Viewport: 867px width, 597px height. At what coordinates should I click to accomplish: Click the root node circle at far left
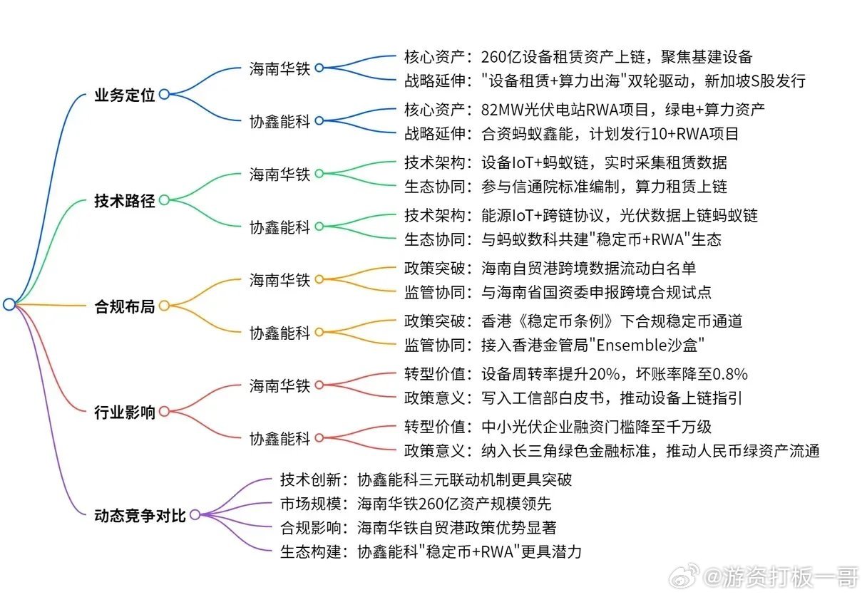pyautogui.click(x=9, y=304)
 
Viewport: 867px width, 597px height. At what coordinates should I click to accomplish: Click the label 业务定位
pyautogui.click(x=125, y=95)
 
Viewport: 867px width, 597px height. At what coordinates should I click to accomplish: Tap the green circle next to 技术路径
pyautogui.click(x=164, y=200)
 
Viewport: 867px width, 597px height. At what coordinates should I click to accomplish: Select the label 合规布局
pyautogui.click(x=125, y=306)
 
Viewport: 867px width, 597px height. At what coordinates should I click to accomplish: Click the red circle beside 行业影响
pyautogui.click(x=164, y=411)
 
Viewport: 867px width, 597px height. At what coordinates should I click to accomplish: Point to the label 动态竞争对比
pyautogui.click(x=140, y=516)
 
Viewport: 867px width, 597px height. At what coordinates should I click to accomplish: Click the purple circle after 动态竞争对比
pyautogui.click(x=195, y=514)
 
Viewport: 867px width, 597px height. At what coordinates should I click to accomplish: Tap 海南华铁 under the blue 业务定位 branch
pyautogui.click(x=279, y=69)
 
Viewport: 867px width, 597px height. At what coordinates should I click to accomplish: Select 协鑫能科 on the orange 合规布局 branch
pyautogui.click(x=279, y=333)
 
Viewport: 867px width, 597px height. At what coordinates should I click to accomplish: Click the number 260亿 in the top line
pyautogui.click(x=502, y=57)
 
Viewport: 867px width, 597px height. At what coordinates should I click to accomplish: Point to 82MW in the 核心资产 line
pyautogui.click(x=503, y=110)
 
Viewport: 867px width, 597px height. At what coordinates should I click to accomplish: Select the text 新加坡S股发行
pyautogui.click(x=755, y=81)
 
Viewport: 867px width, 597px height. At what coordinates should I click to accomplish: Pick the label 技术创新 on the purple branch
pyautogui.click(x=310, y=480)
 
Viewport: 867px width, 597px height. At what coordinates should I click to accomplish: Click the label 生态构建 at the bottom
pyautogui.click(x=310, y=551)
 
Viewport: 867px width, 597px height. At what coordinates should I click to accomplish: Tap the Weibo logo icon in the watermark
pyautogui.click(x=684, y=576)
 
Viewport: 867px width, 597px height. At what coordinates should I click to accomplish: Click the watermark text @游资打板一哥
pyautogui.click(x=780, y=577)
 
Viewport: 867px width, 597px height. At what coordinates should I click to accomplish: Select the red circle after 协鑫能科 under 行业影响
pyautogui.click(x=319, y=437)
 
